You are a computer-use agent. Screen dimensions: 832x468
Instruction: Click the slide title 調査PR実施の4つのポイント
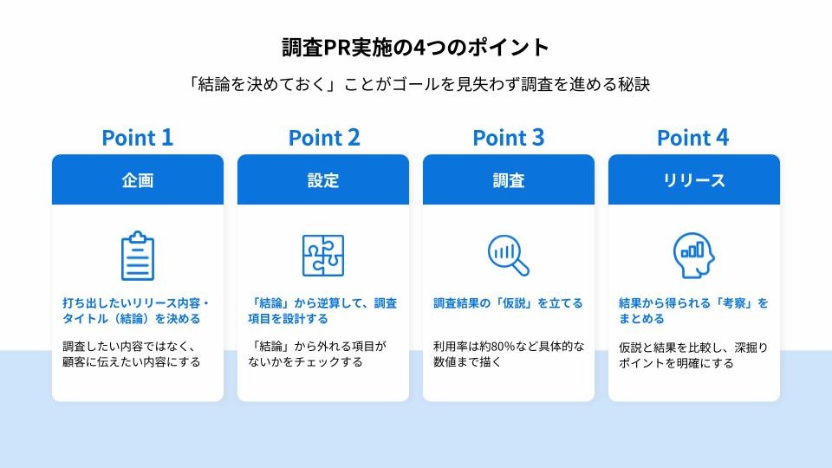[x=415, y=47]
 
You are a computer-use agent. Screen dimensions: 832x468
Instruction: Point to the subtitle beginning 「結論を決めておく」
[x=419, y=84]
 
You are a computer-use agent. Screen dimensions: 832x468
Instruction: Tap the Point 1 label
[x=138, y=138]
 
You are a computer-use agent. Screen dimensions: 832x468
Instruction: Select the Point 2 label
[x=323, y=138]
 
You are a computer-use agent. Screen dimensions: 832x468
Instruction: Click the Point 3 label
[x=509, y=138]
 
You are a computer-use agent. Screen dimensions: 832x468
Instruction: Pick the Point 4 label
[x=693, y=138]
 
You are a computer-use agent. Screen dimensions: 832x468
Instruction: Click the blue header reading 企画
[x=138, y=179]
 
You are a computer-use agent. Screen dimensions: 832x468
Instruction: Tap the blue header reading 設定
[x=323, y=179]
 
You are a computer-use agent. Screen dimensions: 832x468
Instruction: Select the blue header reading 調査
[x=509, y=179]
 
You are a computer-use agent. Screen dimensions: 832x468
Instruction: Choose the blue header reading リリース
[x=694, y=179]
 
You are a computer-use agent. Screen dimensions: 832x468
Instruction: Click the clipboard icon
[x=138, y=256]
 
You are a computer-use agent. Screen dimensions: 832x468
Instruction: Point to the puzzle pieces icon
[x=323, y=255]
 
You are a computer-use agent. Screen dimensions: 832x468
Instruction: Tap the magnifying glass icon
[x=509, y=255]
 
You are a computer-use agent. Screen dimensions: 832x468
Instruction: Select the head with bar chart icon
[x=693, y=255]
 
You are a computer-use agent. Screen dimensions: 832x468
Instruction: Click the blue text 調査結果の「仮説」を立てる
[x=509, y=303]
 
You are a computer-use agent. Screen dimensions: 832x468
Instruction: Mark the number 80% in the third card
[x=504, y=347]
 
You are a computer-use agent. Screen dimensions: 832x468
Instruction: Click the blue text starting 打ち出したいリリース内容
[x=136, y=310]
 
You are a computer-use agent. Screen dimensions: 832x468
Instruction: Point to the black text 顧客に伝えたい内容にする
[x=132, y=362]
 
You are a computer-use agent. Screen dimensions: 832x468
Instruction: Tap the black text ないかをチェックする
[x=305, y=362]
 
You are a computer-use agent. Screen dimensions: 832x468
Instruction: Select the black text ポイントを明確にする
[x=676, y=363]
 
